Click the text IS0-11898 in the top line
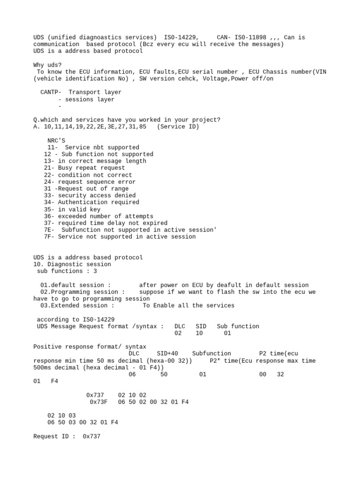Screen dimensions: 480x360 coord(251,37)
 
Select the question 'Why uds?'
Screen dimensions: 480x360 coord(47,65)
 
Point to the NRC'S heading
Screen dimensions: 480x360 coord(56,141)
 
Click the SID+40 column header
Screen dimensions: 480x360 coord(167,353)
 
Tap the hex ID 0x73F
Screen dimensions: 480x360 coord(98,402)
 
